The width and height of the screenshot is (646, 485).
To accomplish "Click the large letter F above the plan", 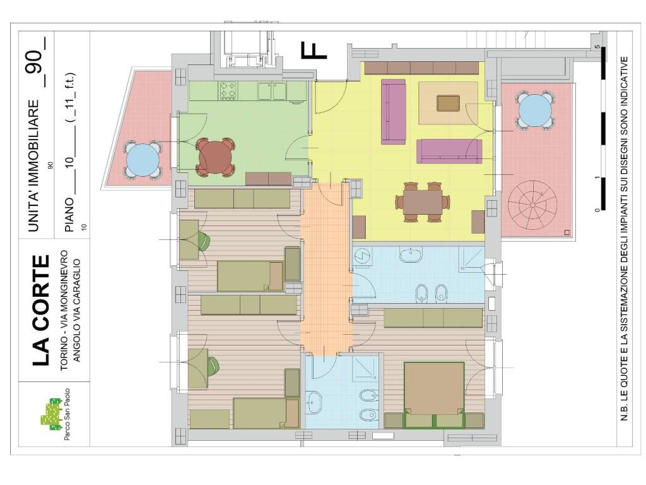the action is [314, 51].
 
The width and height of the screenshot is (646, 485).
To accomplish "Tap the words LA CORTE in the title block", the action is [41, 311].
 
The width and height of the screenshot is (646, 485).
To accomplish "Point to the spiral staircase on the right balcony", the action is [532, 205].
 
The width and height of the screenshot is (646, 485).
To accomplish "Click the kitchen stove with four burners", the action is [228, 90].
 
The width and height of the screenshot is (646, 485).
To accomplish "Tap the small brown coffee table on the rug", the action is [449, 103].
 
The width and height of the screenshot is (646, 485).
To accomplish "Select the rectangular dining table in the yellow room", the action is [423, 202].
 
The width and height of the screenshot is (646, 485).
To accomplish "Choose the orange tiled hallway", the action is [326, 269].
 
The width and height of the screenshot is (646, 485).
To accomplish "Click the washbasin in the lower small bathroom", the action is [315, 402].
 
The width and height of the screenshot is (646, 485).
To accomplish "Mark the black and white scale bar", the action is [602, 128].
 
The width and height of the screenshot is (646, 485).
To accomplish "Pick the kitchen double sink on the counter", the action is [272, 91].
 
